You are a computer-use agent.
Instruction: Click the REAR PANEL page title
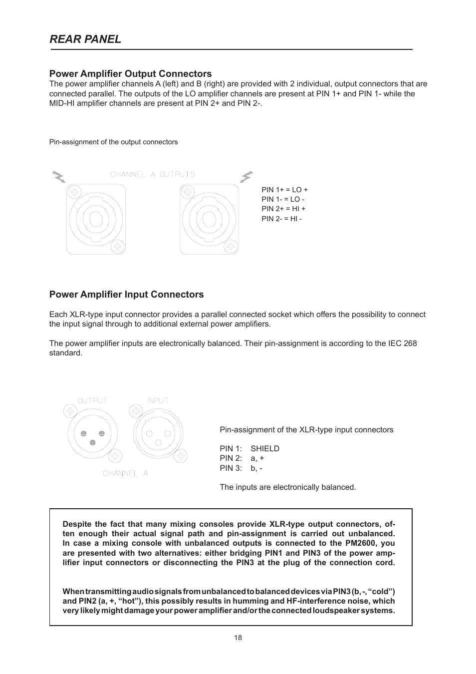click(85, 39)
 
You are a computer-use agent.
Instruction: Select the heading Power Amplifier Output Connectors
click(130, 73)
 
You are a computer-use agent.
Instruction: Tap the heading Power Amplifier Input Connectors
click(126, 295)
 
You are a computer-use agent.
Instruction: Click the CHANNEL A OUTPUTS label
click(152, 174)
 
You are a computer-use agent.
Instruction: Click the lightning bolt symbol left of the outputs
click(59, 176)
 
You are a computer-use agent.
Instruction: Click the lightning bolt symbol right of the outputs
click(246, 176)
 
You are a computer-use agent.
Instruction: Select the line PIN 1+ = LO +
click(284, 190)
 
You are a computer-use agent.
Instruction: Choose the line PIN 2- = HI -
click(281, 219)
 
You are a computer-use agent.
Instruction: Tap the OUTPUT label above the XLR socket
click(92, 400)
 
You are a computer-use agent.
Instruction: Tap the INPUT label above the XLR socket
click(158, 400)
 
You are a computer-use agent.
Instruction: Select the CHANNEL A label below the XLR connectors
click(125, 473)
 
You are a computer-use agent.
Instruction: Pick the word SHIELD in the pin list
click(265, 449)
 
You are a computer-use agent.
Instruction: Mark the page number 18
click(238, 638)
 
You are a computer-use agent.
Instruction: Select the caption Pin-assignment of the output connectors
click(113, 142)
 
